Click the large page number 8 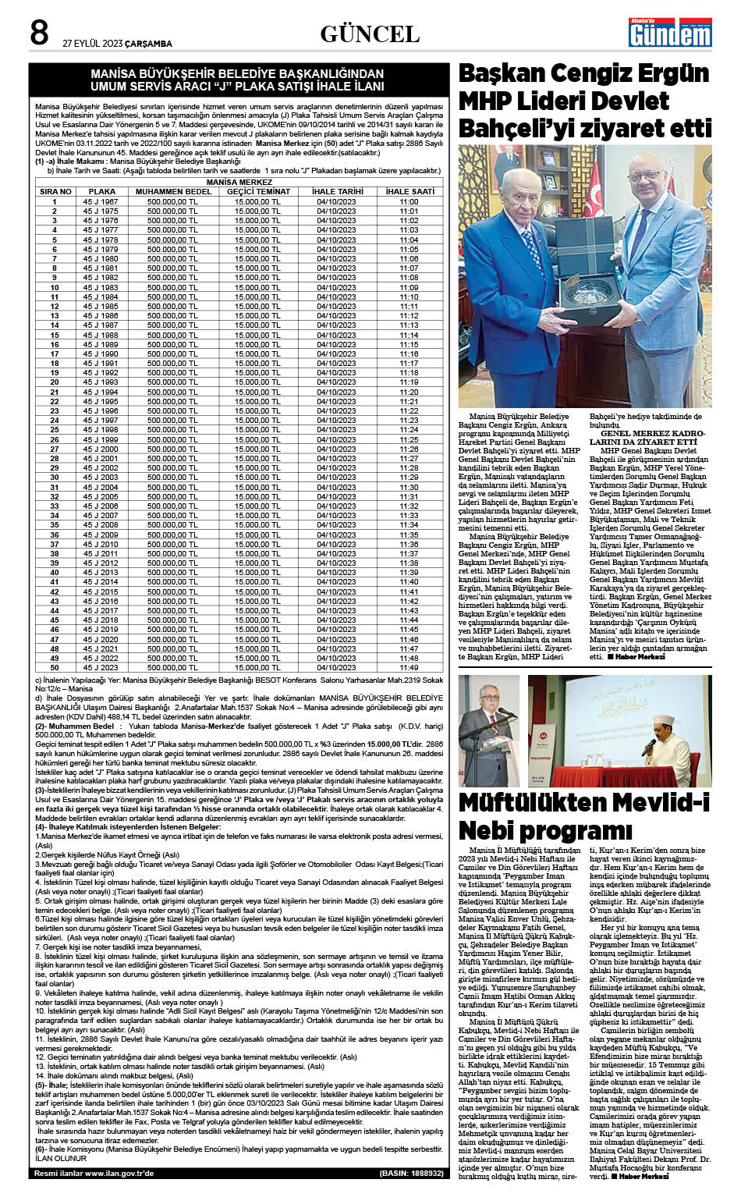pyautogui.click(x=40, y=33)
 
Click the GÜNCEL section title pyautogui.click(x=370, y=34)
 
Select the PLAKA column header pyautogui.click(x=101, y=191)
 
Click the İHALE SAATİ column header pyautogui.click(x=409, y=191)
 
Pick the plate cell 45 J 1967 pyautogui.click(x=101, y=201)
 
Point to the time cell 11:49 pyautogui.click(x=409, y=667)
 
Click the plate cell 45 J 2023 pyautogui.click(x=101, y=667)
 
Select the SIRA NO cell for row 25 pyautogui.click(x=55, y=430)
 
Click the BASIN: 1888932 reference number pyautogui.click(x=411, y=1173)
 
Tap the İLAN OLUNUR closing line pyautogui.click(x=61, y=1158)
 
